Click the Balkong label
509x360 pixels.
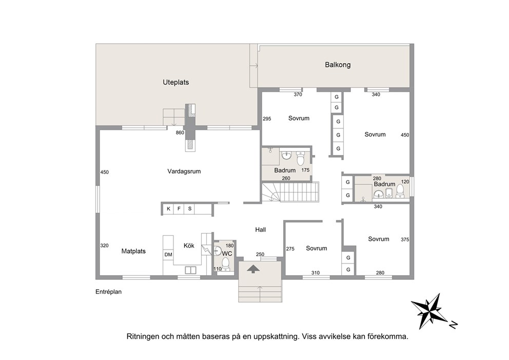coord(338,65)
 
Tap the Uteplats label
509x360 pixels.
coord(175,83)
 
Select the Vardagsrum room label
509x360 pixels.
coord(184,171)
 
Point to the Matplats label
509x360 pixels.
coord(133,251)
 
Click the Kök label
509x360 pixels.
coord(189,245)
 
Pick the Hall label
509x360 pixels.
coord(260,230)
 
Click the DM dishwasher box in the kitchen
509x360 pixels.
coord(168,255)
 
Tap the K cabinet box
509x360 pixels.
coord(168,209)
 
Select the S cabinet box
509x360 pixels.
coord(189,209)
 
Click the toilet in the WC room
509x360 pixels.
coord(226,264)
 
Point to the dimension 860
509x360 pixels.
coord(180,132)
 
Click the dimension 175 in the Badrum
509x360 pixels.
coord(305,170)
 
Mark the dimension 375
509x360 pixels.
coord(405,239)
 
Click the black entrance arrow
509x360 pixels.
coord(253,269)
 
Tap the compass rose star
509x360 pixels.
coord(429,311)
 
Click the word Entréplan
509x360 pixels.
coord(108,292)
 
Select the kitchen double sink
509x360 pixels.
coord(190,270)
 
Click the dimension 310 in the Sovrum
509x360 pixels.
coord(316,273)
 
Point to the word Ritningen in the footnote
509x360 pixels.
coord(141,336)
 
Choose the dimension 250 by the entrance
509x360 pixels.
coord(260,254)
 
